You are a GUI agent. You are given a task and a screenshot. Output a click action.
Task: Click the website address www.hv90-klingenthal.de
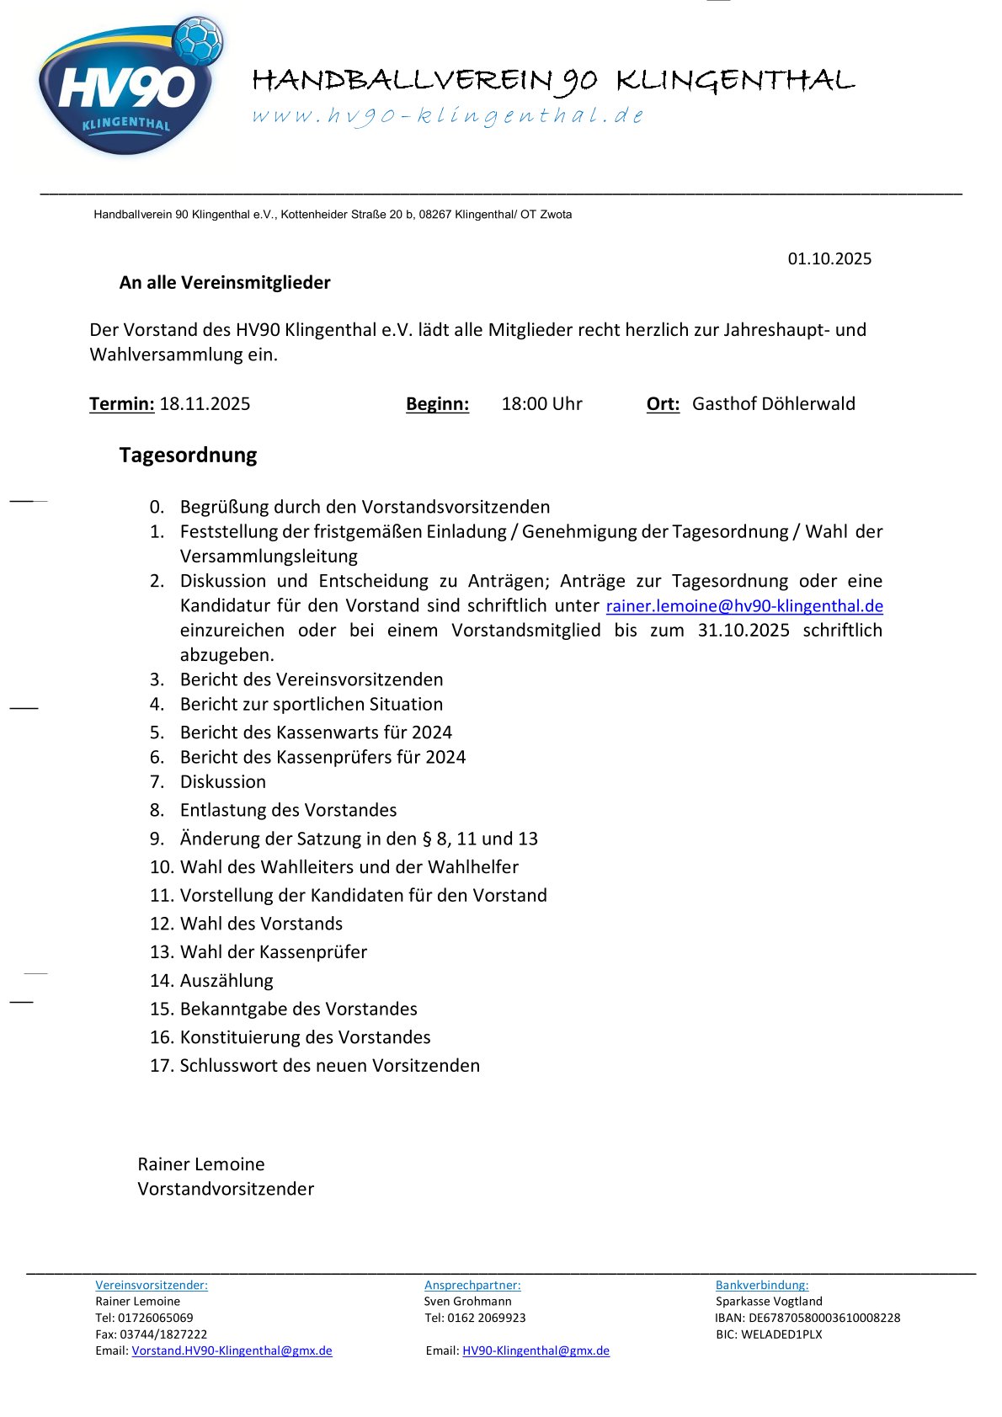[x=448, y=115]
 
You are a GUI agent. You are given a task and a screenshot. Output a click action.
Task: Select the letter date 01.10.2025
[x=829, y=258]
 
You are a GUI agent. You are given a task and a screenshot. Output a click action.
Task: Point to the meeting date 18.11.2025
[x=205, y=404]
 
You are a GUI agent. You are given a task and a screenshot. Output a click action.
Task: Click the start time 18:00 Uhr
[x=541, y=404]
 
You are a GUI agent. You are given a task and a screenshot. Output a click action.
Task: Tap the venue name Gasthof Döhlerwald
[x=773, y=404]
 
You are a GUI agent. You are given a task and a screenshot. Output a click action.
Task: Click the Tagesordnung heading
[x=188, y=455]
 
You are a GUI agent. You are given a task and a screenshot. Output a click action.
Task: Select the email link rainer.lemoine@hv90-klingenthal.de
[x=744, y=606]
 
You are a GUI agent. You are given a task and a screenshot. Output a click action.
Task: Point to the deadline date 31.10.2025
[x=744, y=631]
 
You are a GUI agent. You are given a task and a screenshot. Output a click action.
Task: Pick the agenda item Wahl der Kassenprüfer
[x=273, y=952]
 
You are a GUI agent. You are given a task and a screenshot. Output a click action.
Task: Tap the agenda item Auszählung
[x=226, y=981]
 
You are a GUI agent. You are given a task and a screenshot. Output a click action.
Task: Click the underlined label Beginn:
[x=437, y=404]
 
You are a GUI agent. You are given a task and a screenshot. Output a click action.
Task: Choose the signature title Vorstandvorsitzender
[x=226, y=1189]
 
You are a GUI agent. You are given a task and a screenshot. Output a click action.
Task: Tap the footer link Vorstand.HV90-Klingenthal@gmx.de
[x=232, y=1350]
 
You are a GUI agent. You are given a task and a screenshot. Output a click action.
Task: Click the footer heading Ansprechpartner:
[x=472, y=1285]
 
